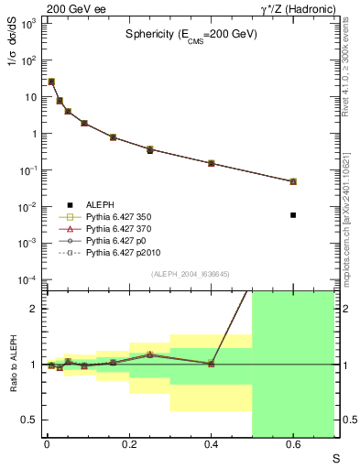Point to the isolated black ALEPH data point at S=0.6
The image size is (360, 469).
tap(293, 214)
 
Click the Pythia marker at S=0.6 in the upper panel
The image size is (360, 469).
tap(293, 181)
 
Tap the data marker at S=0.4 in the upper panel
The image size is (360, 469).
tap(212, 163)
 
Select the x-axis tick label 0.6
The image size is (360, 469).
tap(293, 446)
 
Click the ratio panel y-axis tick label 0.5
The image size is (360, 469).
tap(28, 420)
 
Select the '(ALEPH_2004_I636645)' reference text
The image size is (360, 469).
tap(189, 274)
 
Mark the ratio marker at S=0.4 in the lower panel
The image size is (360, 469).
tap(212, 364)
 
